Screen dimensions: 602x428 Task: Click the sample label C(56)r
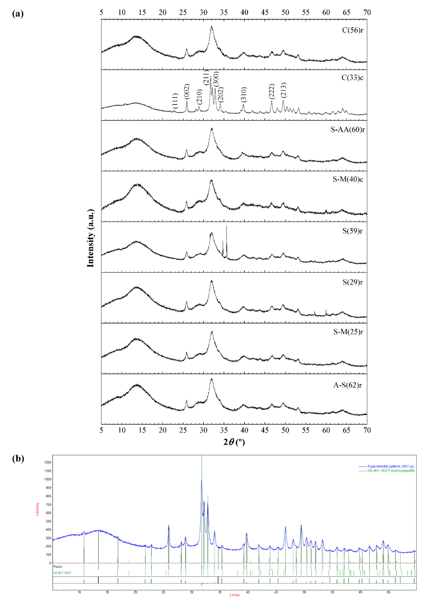[x=352, y=30]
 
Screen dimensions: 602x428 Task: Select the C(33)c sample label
[x=352, y=78]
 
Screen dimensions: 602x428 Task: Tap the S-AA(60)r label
[x=348, y=130]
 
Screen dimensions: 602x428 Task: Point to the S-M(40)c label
[x=348, y=179]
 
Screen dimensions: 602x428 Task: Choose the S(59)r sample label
[x=352, y=231]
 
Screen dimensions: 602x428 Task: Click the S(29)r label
[x=352, y=282]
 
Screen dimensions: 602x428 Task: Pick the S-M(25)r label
[x=348, y=332]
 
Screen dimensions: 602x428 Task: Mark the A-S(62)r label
[x=347, y=385]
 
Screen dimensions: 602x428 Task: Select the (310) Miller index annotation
[x=244, y=94]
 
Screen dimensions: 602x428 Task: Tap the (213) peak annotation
[x=284, y=90]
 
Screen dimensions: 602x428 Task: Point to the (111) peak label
[x=175, y=101]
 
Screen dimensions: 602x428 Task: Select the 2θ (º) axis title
[x=234, y=442]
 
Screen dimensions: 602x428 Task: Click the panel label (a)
[x=18, y=14]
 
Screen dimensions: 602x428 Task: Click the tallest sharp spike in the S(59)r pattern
[x=226, y=227]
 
